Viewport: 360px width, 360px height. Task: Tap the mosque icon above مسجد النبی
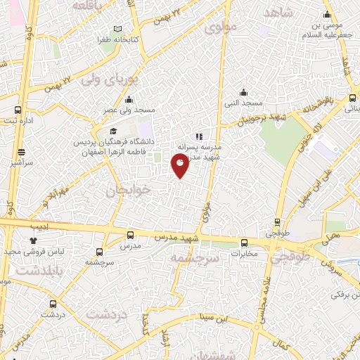tap(243, 92)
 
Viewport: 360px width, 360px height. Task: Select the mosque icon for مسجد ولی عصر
tap(129, 100)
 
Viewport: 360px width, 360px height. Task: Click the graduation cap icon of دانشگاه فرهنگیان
tap(112, 131)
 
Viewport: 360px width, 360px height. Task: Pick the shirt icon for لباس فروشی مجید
tap(33, 240)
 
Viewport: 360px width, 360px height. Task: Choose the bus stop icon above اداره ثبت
tap(19, 110)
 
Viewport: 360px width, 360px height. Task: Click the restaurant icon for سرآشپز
tap(22, 151)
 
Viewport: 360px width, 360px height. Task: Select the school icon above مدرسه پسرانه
tap(200, 136)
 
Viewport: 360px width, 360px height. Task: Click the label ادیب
tap(39, 227)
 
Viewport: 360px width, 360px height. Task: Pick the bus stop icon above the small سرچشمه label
tap(100, 251)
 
